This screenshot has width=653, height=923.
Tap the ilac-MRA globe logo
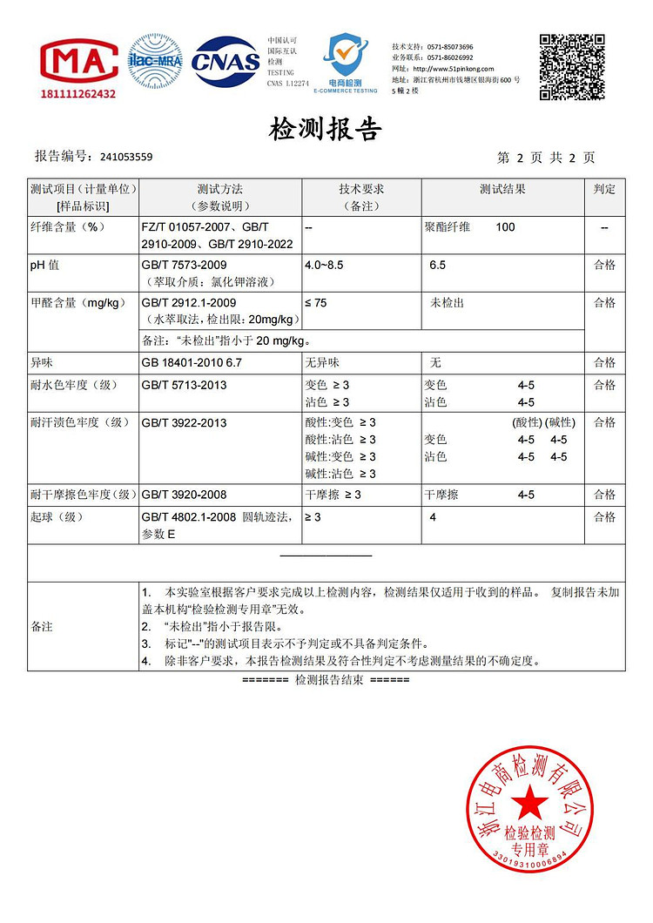tap(155, 60)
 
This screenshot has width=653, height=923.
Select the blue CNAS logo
tap(226, 61)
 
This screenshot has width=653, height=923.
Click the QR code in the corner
tap(571, 66)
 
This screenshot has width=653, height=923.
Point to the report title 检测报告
tap(326, 131)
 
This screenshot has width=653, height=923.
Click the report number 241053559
tap(126, 158)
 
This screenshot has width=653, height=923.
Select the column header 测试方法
tap(220, 189)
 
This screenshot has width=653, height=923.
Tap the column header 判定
tap(604, 189)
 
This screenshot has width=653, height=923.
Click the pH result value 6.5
tap(437, 264)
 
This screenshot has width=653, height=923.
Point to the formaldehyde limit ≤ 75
tap(317, 303)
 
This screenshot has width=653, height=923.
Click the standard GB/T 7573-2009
tap(184, 264)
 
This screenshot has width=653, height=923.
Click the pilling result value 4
tap(434, 517)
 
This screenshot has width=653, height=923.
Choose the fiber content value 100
tap(505, 227)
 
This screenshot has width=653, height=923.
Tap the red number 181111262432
tap(78, 94)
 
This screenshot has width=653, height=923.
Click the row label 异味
tap(42, 362)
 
